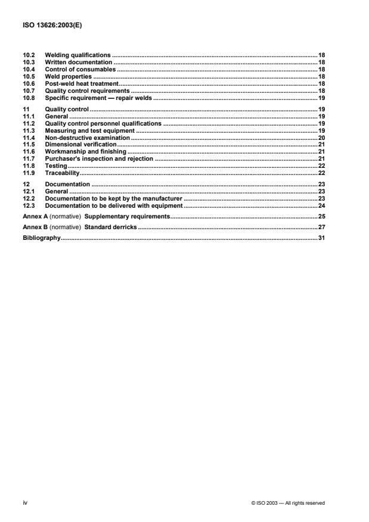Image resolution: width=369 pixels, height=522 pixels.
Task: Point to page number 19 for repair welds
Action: [x=321, y=98]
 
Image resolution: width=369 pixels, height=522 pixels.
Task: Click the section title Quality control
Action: [x=67, y=110]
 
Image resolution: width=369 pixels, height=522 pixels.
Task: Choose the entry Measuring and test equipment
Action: [x=90, y=131]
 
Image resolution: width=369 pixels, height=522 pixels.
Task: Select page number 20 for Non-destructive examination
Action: [x=321, y=138]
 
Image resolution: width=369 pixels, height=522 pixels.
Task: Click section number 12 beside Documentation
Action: [x=26, y=185]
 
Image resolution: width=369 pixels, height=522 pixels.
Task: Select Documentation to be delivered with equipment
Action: [x=114, y=205]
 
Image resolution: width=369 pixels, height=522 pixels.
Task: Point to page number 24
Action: [x=321, y=205]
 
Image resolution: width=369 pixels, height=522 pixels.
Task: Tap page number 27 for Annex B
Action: [x=321, y=228]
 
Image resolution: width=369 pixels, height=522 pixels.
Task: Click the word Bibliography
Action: [x=41, y=239]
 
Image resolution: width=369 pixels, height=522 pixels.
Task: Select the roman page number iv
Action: [x=24, y=503]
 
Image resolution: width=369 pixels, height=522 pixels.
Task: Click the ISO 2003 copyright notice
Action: [x=289, y=504]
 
